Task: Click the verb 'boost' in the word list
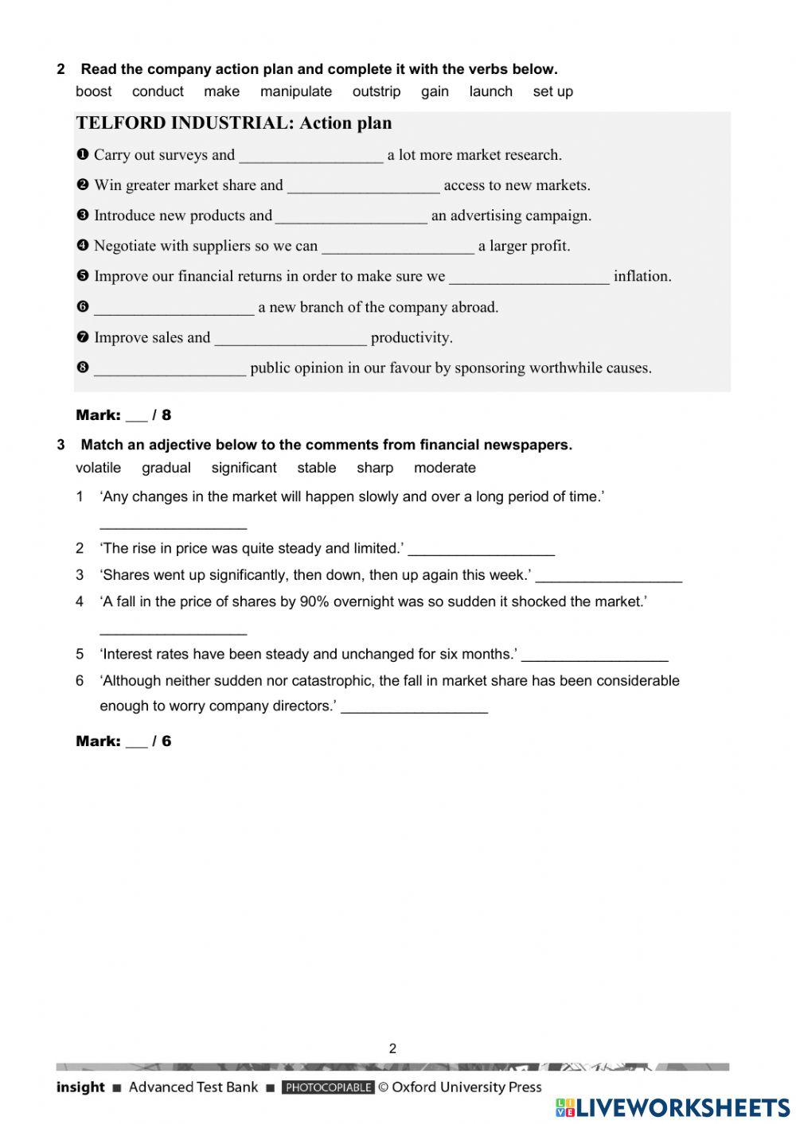[x=93, y=91]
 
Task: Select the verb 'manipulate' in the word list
[x=295, y=91]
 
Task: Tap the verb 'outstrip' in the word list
[x=377, y=91]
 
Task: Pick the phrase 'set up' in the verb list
[x=552, y=91]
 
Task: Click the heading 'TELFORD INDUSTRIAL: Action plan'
[x=234, y=123]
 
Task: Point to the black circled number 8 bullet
[x=83, y=368]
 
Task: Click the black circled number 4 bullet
[x=83, y=245]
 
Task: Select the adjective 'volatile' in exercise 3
[x=98, y=468]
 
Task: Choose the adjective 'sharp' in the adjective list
[x=375, y=468]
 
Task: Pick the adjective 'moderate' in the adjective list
[x=445, y=468]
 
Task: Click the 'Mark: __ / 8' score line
[x=123, y=415]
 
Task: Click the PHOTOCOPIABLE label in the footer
[x=328, y=1087]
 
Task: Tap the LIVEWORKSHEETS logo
[x=673, y=1107]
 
